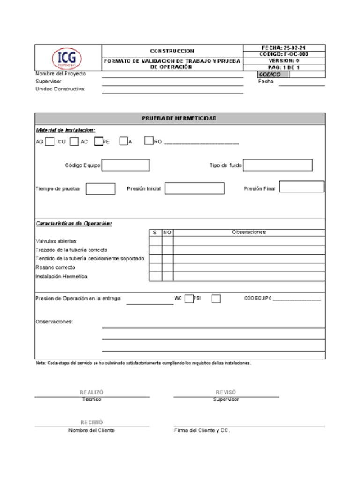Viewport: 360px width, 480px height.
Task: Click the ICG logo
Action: [x=67, y=59]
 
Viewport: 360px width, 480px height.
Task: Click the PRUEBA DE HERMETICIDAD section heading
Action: [x=180, y=119]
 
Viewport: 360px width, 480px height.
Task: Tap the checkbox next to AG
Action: [x=50, y=141]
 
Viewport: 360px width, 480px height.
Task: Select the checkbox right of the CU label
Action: [x=74, y=141]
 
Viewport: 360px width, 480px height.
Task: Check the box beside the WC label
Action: [x=188, y=299]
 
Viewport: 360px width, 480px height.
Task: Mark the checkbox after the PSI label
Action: [x=216, y=299]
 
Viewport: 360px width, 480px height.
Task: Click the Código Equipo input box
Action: [x=126, y=165]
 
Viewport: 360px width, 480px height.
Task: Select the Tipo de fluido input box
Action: [x=277, y=165]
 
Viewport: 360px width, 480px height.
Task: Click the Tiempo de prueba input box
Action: [x=100, y=189]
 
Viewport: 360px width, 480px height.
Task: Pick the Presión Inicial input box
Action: [x=194, y=188]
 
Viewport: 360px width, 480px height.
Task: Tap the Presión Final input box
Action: [x=301, y=187]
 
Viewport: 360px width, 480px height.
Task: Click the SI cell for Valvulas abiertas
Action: [x=156, y=241]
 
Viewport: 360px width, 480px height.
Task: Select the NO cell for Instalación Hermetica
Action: [x=168, y=277]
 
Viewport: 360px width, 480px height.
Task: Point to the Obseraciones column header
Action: [x=248, y=232]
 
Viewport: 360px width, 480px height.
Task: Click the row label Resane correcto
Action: [x=55, y=268]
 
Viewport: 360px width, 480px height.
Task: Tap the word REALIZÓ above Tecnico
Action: [x=91, y=392]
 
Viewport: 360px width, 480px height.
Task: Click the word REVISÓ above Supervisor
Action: [x=226, y=392]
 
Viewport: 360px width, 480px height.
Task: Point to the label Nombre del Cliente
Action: [x=91, y=430]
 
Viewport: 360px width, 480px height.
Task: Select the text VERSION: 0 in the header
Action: [x=284, y=61]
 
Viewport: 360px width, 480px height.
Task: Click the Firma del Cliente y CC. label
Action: [x=202, y=430]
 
